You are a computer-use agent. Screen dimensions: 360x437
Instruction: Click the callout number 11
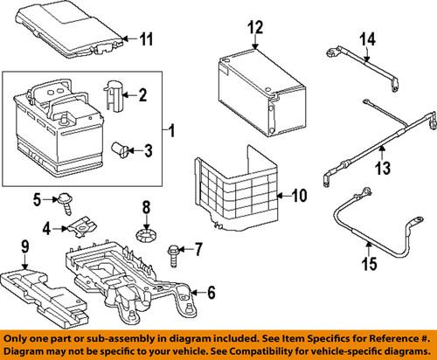point(146,38)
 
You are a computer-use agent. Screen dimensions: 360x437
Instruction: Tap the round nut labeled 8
point(147,236)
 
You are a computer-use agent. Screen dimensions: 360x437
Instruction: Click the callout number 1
point(171,132)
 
